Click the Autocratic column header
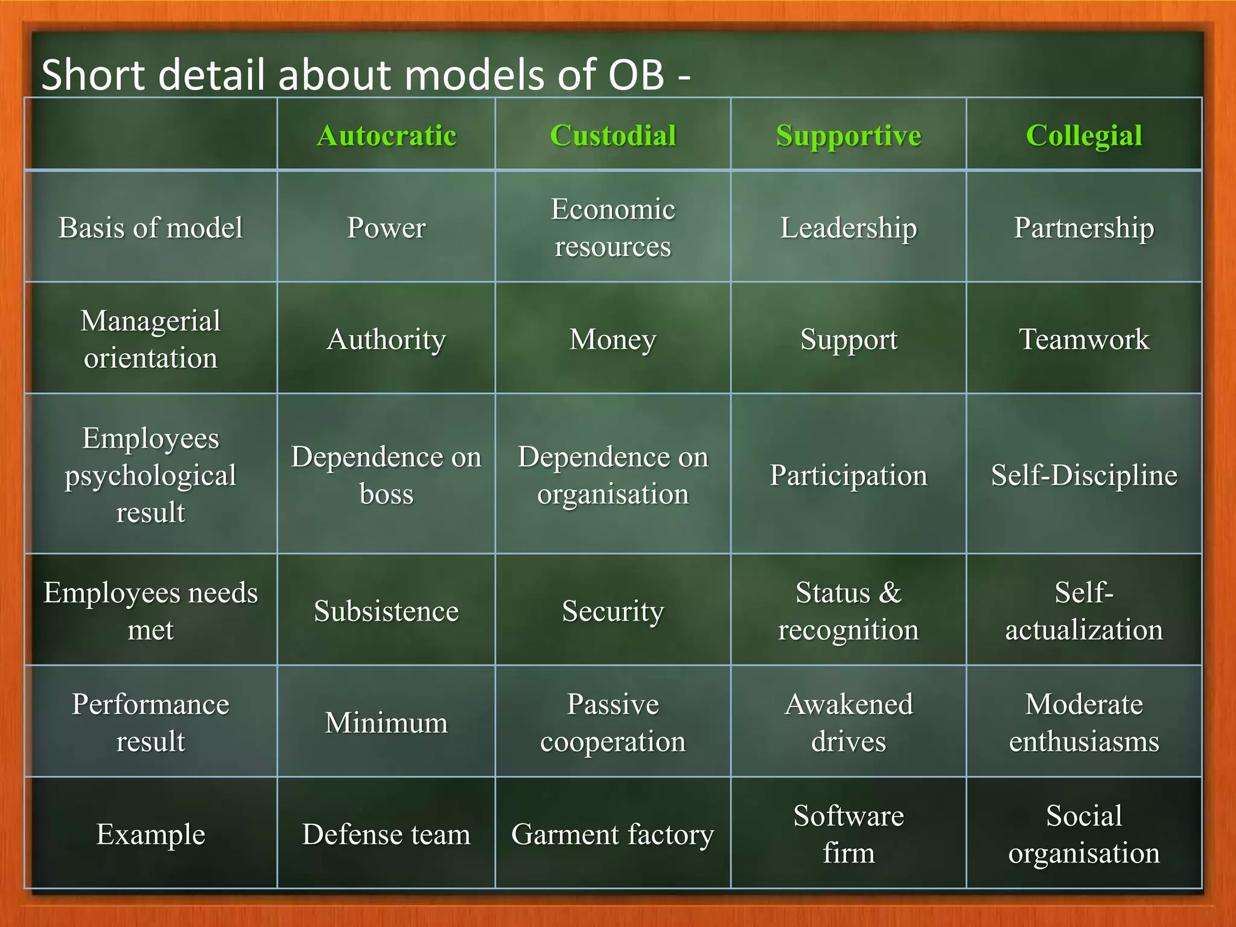pos(386,135)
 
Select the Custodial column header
pos(613,135)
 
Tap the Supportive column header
pos(848,135)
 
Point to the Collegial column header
pos(1084,135)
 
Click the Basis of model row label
pos(151,228)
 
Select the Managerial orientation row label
pos(151,339)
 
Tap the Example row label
pos(151,834)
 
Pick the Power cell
pos(386,228)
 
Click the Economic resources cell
pos(613,228)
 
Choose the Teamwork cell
pos(1084,339)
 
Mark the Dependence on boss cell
pos(386,475)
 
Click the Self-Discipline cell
pos(1084,475)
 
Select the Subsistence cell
pos(386,611)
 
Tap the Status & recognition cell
pos(848,611)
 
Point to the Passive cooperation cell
pos(613,722)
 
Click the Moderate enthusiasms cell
pos(1084,722)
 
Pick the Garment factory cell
pos(613,834)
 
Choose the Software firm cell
pos(848,834)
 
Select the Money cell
pos(613,339)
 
